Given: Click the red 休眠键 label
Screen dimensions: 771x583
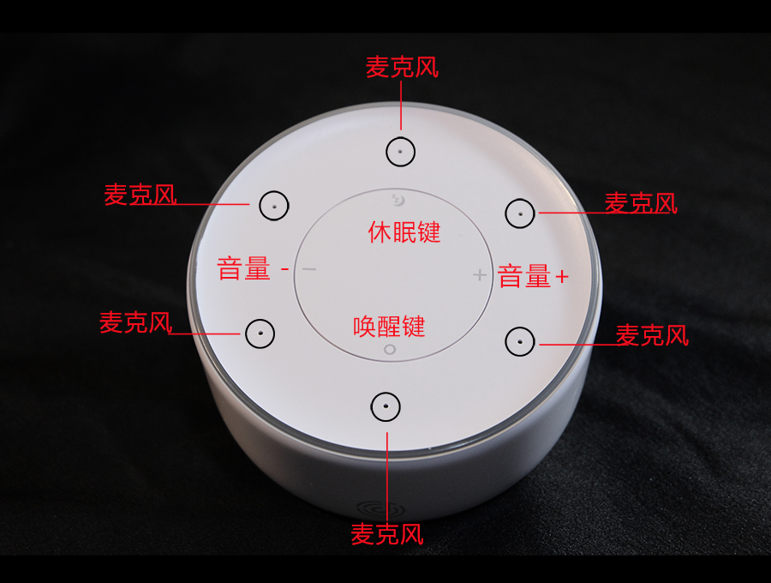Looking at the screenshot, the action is pyautogui.click(x=404, y=232).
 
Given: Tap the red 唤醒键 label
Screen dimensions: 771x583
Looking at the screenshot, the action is pyautogui.click(x=389, y=326).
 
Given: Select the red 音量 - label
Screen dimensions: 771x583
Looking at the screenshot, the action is pyautogui.click(x=253, y=268).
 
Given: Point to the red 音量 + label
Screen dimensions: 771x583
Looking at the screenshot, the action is pyautogui.click(x=533, y=276).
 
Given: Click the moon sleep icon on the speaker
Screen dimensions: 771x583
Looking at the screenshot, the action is pyautogui.click(x=397, y=200).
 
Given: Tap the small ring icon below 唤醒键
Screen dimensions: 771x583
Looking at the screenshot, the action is pyautogui.click(x=390, y=350).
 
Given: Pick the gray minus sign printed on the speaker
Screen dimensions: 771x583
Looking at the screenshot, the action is pyautogui.click(x=308, y=269).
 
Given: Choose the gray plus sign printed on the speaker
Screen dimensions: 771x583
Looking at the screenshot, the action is pyautogui.click(x=480, y=275).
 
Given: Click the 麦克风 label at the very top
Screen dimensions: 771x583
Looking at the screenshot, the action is pyautogui.click(x=403, y=68).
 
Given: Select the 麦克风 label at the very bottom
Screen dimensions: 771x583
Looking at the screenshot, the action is pyautogui.click(x=387, y=534).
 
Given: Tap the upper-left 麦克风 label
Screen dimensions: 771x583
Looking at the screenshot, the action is pyautogui.click(x=140, y=195).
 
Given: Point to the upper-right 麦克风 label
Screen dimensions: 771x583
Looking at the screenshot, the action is pyautogui.click(x=641, y=203).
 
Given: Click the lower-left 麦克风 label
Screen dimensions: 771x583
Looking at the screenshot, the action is pyautogui.click(x=136, y=322).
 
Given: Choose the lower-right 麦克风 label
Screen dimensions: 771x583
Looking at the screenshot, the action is pyautogui.click(x=652, y=335).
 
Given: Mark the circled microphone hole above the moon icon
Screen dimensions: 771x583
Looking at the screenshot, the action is pyautogui.click(x=400, y=152).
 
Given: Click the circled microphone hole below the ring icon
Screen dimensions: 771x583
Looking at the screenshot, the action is pyautogui.click(x=385, y=407).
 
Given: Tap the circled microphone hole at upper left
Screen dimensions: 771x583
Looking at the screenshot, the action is pyautogui.click(x=274, y=206).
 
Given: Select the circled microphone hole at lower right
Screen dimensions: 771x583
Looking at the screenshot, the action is pyautogui.click(x=520, y=341).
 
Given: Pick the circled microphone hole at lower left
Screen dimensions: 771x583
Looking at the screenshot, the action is pyautogui.click(x=260, y=334).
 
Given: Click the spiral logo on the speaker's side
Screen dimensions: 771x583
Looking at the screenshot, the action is pyautogui.click(x=380, y=509).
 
